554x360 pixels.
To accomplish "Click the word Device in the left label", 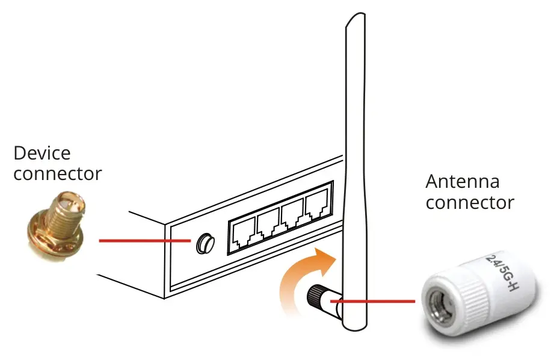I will point(42,153).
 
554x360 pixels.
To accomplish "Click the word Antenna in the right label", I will point(462,182).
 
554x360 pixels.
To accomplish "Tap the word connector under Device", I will point(58,174).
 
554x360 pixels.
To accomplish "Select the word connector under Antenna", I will point(470,203).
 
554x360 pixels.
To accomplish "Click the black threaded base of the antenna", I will point(315,295).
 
